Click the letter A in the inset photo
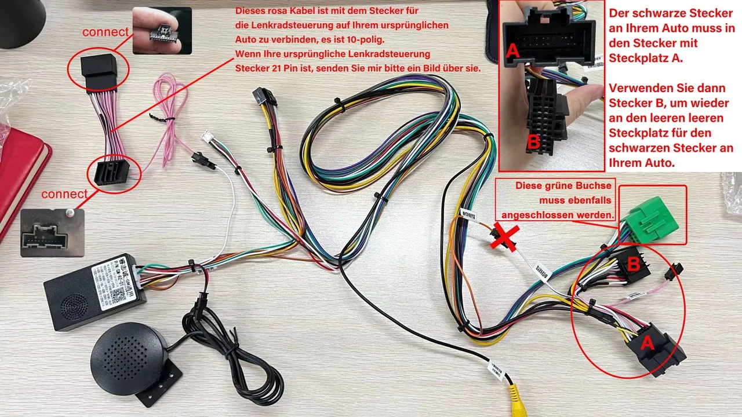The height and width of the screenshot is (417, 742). (512, 52)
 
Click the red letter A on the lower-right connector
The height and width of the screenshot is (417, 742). (647, 343)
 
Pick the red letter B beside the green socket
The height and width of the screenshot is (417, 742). (634, 264)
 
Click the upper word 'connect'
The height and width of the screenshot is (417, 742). (105, 32)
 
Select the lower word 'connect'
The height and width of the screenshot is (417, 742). (64, 194)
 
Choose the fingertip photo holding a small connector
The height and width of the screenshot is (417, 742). (162, 30)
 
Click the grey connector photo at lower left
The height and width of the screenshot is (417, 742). (52, 232)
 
